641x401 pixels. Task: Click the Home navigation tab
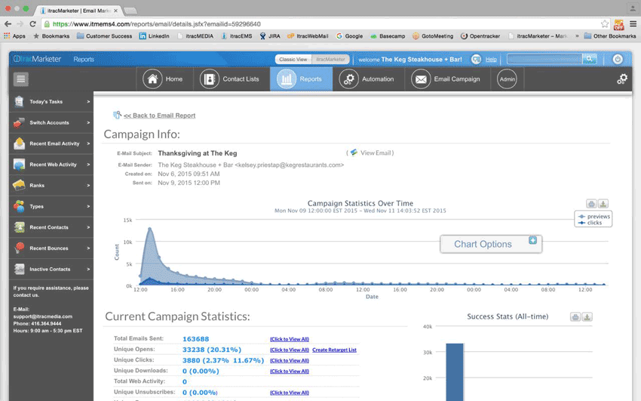coord(165,79)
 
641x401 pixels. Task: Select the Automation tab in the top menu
coord(367,79)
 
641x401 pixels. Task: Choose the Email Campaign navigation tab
coord(446,79)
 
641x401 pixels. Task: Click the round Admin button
coord(508,79)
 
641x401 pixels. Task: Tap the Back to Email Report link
coord(159,116)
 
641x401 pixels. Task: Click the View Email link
coord(376,153)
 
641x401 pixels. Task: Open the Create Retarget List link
coord(334,350)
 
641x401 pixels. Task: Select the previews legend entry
coord(598,217)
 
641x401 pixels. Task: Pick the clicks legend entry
coord(594,223)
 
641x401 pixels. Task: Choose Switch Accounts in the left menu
coord(51,122)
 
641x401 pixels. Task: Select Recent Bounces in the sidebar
coord(51,248)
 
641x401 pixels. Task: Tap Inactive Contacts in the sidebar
coord(51,269)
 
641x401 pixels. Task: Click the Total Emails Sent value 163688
coord(196,339)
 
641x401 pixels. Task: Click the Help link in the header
coord(491,60)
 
